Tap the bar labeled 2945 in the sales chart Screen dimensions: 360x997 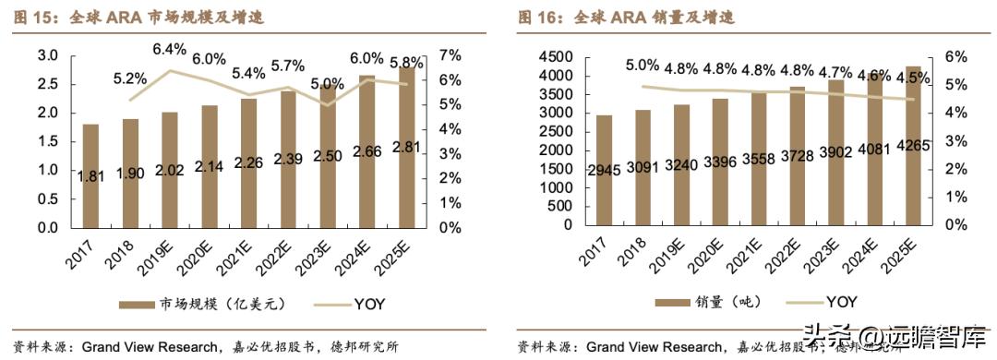point(604,171)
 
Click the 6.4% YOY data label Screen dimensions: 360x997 point(170,49)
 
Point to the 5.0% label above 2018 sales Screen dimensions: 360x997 point(643,66)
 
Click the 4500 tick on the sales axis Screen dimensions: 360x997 point(555,56)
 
